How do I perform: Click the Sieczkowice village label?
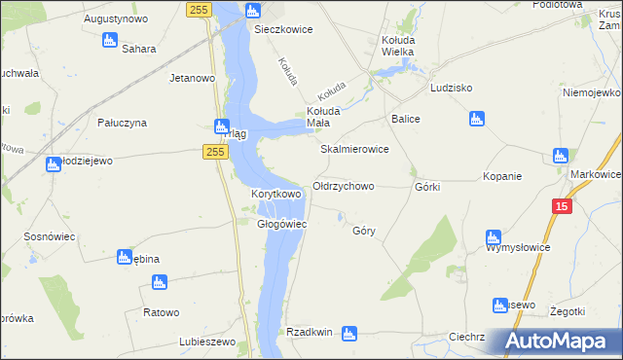[283, 29]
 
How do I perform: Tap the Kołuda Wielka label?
[397, 45]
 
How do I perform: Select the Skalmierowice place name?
[355, 150]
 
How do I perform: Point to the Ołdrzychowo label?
[344, 186]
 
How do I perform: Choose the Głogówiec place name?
[282, 224]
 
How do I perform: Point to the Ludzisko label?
[451, 88]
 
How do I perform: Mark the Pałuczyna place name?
[122, 123]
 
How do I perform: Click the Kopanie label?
[502, 176]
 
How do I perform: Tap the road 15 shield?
[561, 206]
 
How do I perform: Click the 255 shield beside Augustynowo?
[199, 9]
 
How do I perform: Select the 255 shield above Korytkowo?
[216, 152]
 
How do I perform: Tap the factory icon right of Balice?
[476, 119]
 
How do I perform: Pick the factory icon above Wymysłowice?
[493, 237]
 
